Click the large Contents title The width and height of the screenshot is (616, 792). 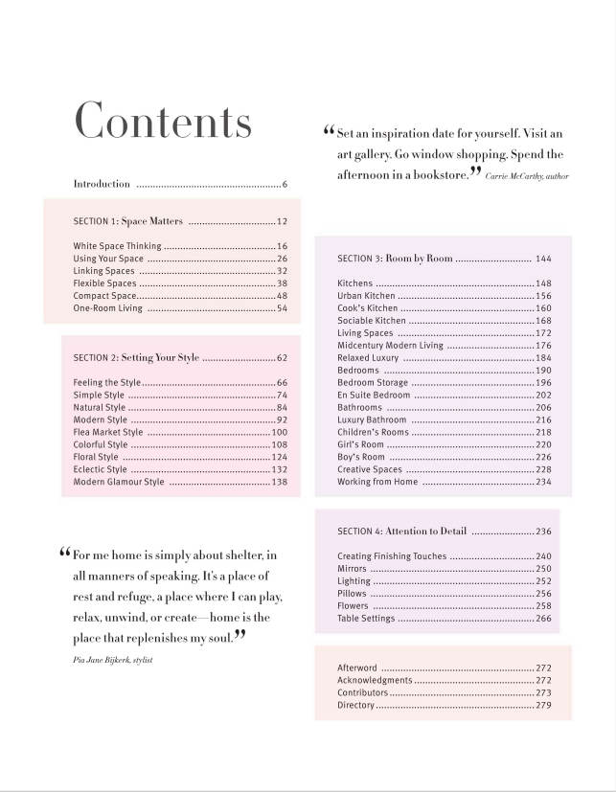point(163,122)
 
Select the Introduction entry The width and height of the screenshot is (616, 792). point(102,184)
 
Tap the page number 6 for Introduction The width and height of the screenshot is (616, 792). point(285,184)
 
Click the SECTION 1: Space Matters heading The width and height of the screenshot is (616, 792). point(127,221)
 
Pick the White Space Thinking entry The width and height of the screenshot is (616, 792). point(117,246)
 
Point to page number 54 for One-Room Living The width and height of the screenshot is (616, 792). point(282,308)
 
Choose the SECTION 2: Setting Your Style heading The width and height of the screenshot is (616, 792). point(136,358)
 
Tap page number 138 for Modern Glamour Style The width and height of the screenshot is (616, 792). point(280,483)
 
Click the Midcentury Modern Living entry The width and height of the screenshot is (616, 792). point(390,346)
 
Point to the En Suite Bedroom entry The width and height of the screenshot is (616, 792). point(374,396)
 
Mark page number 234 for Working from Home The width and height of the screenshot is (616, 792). point(543,483)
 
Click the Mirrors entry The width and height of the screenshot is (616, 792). point(353,569)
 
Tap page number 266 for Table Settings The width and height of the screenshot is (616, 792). point(543,619)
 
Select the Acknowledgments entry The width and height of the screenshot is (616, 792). point(375,680)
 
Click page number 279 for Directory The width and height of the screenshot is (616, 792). point(543,706)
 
